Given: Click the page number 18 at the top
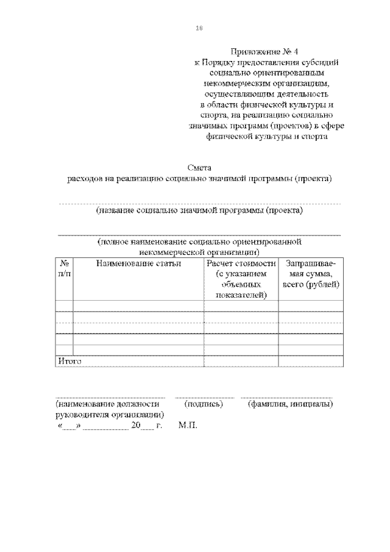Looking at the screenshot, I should coord(199,28).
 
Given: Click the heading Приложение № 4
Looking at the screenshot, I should coord(266,51).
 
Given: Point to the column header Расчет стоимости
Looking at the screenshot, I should coord(241,263).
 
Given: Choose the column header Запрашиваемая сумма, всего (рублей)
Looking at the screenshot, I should coord(311,274).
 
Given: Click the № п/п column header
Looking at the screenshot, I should coord(64,268).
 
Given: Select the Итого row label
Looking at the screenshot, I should coord(69,360).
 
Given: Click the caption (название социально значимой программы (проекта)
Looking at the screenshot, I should coord(199,210).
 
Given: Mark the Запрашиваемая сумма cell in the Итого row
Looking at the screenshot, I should coord(311,361).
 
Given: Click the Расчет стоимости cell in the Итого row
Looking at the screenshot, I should coord(241,361).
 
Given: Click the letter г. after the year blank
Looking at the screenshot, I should coord(159,425).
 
